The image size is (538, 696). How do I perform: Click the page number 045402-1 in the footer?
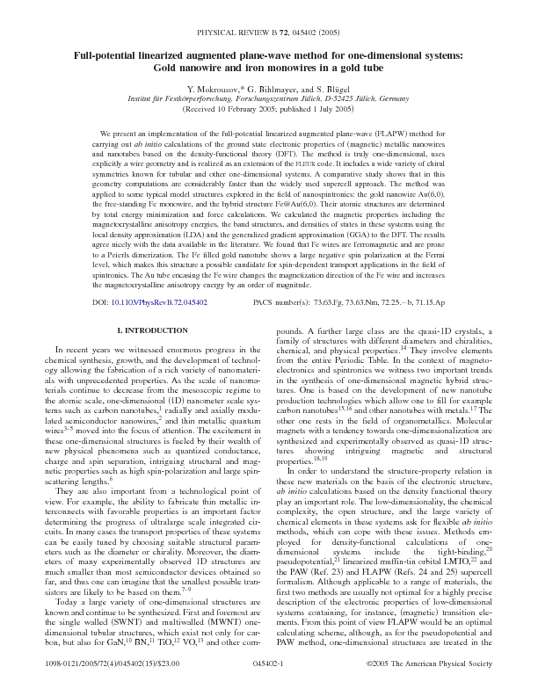[268, 668]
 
